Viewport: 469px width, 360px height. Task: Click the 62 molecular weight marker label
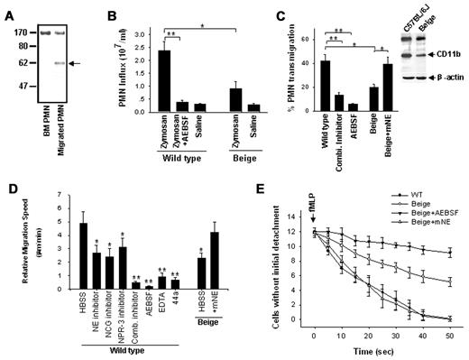click(x=17, y=63)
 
